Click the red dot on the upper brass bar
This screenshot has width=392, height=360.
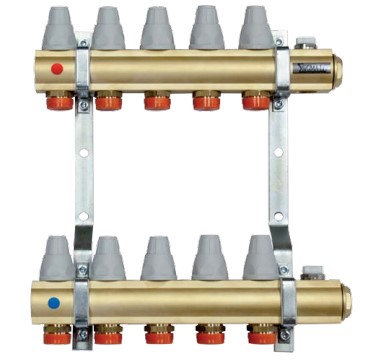tap(57, 71)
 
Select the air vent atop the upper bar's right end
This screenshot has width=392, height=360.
tap(305, 46)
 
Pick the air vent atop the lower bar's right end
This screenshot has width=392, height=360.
tap(309, 270)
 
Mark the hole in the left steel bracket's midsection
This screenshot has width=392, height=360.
tap(84, 152)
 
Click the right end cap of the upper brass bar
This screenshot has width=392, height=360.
tap(337, 70)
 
